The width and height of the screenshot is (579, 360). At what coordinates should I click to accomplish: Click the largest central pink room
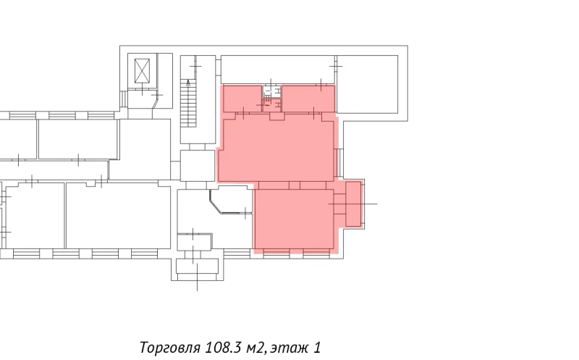click(x=278, y=148)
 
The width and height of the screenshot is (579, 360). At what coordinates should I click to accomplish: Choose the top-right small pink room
click(x=308, y=99)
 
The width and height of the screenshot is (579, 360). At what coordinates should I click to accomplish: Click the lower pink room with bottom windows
click(x=294, y=217)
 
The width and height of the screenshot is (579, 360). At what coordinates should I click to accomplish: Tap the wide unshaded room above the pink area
click(x=277, y=68)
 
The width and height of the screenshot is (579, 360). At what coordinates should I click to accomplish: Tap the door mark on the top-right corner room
click(x=334, y=65)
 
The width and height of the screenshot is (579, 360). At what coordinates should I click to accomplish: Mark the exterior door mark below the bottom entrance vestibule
click(x=197, y=284)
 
